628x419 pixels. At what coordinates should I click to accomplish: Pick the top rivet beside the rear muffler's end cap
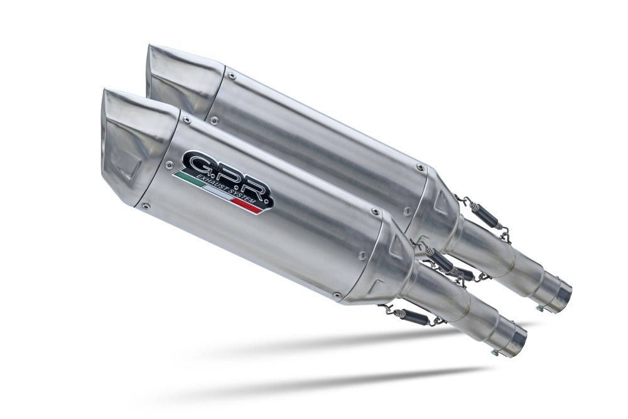tap(231, 74)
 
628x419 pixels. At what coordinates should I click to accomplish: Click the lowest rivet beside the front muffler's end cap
tap(145, 205)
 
